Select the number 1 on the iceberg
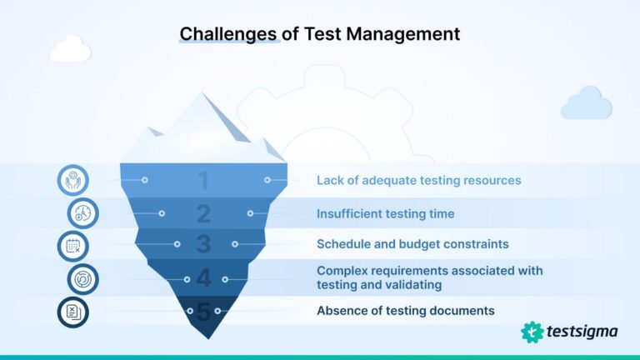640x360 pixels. click(x=203, y=180)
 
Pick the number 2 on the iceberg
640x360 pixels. click(x=203, y=214)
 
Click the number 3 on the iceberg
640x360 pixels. click(x=203, y=245)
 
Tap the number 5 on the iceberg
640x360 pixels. click(x=203, y=311)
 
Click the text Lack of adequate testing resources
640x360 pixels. click(x=418, y=180)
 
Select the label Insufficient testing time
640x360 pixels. click(x=385, y=214)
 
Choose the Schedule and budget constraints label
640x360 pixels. click(x=412, y=245)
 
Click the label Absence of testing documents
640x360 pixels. click(x=405, y=311)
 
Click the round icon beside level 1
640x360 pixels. click(x=73, y=180)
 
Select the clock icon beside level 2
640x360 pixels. click(x=82, y=213)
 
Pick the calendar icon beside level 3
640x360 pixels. click(x=73, y=246)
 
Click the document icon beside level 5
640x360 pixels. click(x=73, y=312)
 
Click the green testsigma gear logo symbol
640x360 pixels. click(x=532, y=332)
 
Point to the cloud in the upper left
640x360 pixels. click(x=70, y=50)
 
